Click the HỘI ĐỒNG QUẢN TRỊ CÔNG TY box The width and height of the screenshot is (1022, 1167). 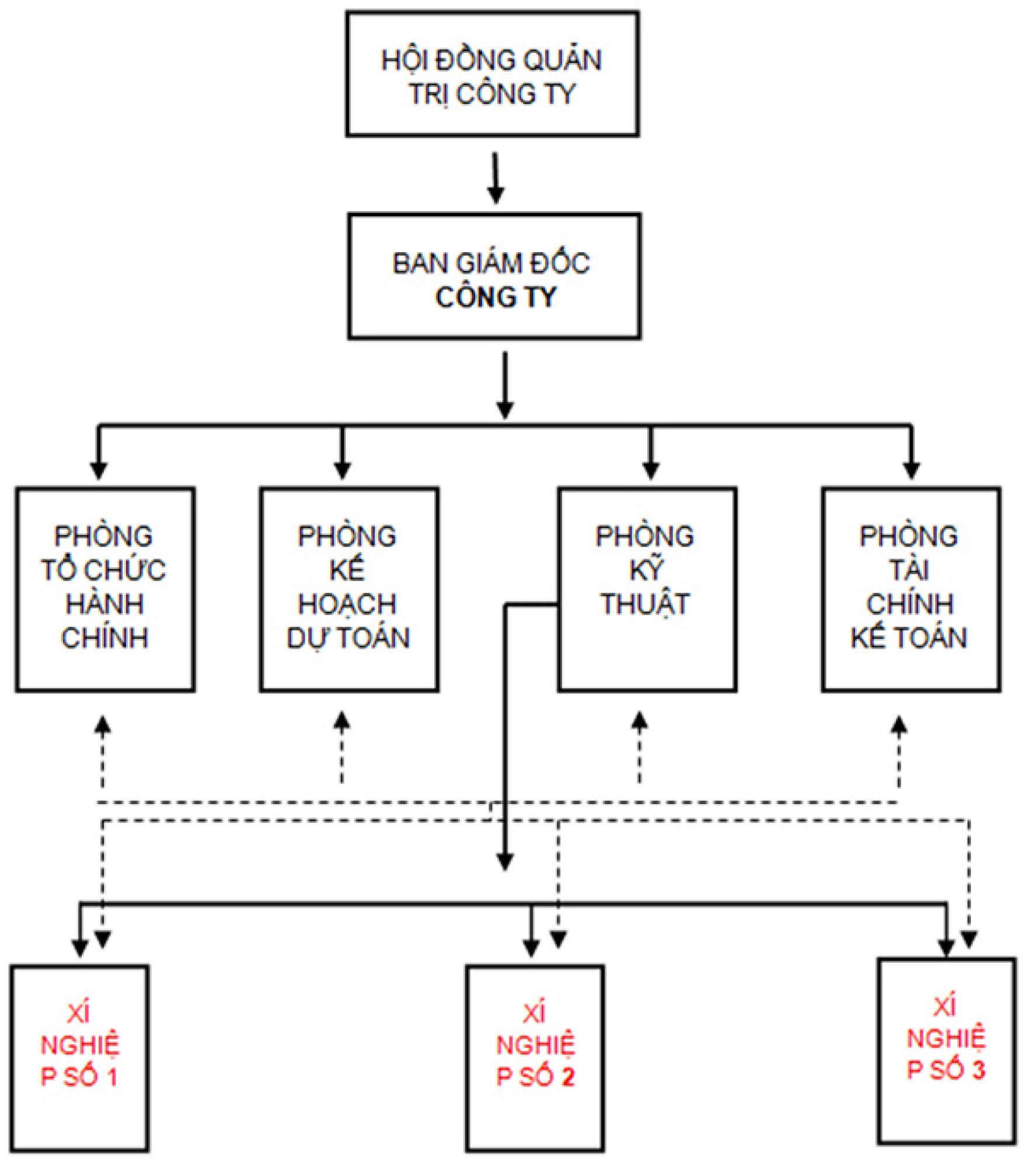492,74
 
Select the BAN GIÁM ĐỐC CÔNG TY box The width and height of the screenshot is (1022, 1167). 494,276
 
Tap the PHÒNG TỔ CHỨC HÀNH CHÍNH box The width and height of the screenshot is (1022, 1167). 105,589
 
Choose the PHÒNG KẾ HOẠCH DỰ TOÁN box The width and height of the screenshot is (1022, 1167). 349,589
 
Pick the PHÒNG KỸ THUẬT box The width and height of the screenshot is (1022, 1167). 647,589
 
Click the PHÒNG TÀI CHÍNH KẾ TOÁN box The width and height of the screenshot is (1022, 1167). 911,589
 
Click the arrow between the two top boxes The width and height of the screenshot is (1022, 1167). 496,178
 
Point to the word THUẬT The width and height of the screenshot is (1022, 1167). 646,604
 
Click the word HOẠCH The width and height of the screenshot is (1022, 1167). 347,604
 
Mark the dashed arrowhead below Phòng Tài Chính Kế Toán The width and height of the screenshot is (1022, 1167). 899,726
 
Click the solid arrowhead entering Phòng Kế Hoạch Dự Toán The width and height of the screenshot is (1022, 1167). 343,470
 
